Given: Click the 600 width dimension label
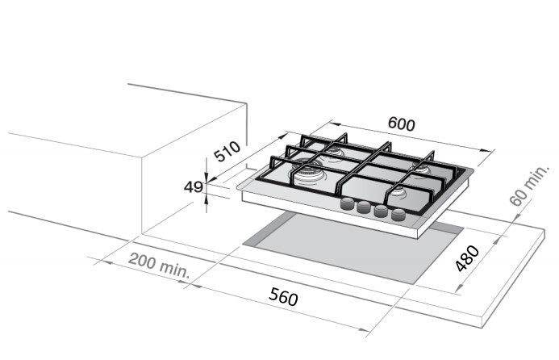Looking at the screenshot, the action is (402, 123).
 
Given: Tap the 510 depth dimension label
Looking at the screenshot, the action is (227, 151).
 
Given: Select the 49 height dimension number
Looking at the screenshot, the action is (194, 187).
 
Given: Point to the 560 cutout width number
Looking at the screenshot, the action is (283, 297).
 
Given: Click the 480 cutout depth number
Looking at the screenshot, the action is (468, 258).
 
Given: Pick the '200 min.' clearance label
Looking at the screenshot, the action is (159, 266).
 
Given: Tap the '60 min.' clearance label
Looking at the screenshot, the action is (530, 186).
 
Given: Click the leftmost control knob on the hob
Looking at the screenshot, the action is (348, 204).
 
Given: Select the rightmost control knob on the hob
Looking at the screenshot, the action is (398, 216).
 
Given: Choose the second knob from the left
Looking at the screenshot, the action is (365, 207).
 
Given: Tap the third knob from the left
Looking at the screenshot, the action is (381, 211).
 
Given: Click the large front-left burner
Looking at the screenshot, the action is (307, 173).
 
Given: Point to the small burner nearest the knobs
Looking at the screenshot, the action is (398, 193).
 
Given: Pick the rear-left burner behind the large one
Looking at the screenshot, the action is (334, 152).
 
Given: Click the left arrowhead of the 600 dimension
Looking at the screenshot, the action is (335, 123).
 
